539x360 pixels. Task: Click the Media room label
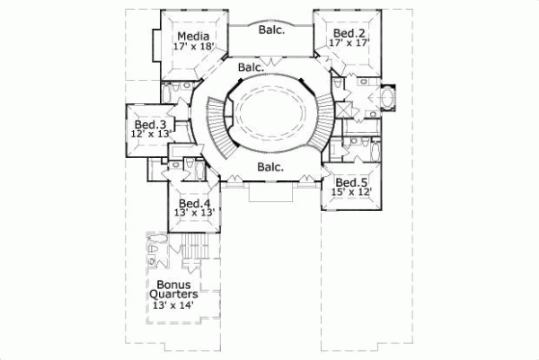pyautogui.click(x=193, y=37)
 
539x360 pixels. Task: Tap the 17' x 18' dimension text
pyautogui.click(x=193, y=48)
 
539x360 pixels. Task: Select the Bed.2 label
pyautogui.click(x=345, y=31)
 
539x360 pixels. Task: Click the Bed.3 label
pyautogui.click(x=150, y=124)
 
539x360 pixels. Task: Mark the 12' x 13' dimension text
pyautogui.click(x=150, y=135)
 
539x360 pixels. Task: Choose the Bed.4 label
pyautogui.click(x=194, y=204)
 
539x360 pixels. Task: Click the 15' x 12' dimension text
pyautogui.click(x=349, y=193)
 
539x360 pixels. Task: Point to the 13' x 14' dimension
pyautogui.click(x=172, y=305)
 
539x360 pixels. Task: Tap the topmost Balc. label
pyautogui.click(x=272, y=30)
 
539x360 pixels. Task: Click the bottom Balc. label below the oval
pyautogui.click(x=270, y=167)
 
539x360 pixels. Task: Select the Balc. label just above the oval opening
pyautogui.click(x=251, y=67)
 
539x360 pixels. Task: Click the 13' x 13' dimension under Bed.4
pyautogui.click(x=194, y=215)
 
